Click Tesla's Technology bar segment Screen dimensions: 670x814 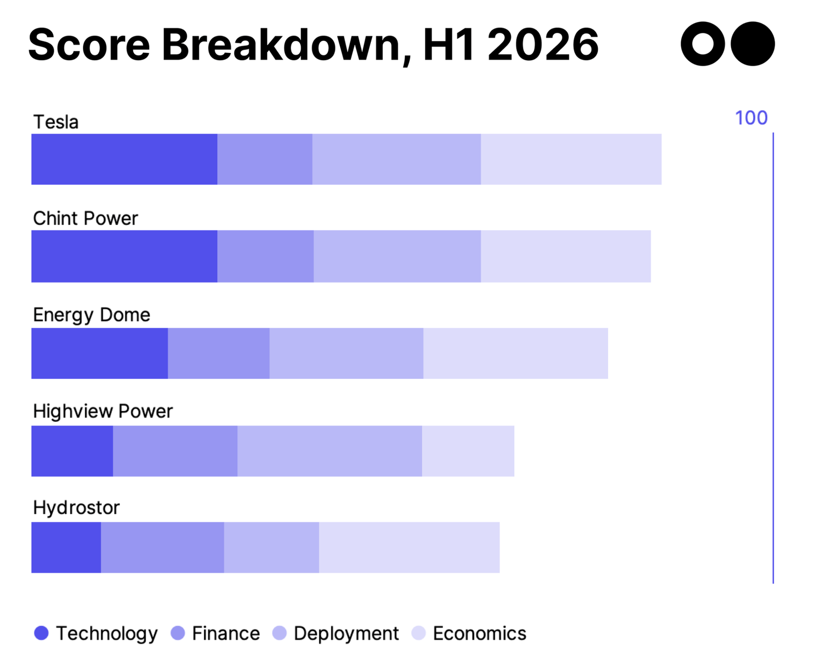click(124, 159)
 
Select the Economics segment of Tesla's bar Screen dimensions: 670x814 click(571, 159)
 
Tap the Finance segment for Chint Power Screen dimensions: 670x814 click(265, 256)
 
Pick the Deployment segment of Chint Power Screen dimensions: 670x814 click(397, 256)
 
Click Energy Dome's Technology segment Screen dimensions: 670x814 click(99, 353)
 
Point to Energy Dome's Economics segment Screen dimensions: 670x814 click(515, 353)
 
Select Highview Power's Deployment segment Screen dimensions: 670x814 click(329, 451)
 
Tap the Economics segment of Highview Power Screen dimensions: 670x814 click(468, 451)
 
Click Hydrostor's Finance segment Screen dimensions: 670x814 click(162, 547)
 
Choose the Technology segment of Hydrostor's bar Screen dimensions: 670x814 click(66, 547)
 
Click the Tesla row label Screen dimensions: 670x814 click(56, 122)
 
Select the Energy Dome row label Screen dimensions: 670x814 click(92, 315)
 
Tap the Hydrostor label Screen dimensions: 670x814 click(76, 508)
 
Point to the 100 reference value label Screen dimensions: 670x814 click(751, 118)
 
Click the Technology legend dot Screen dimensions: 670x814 click(41, 633)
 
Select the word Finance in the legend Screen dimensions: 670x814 click(226, 633)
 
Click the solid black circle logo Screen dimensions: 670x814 click(752, 44)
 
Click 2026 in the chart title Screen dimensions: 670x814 click(543, 45)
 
